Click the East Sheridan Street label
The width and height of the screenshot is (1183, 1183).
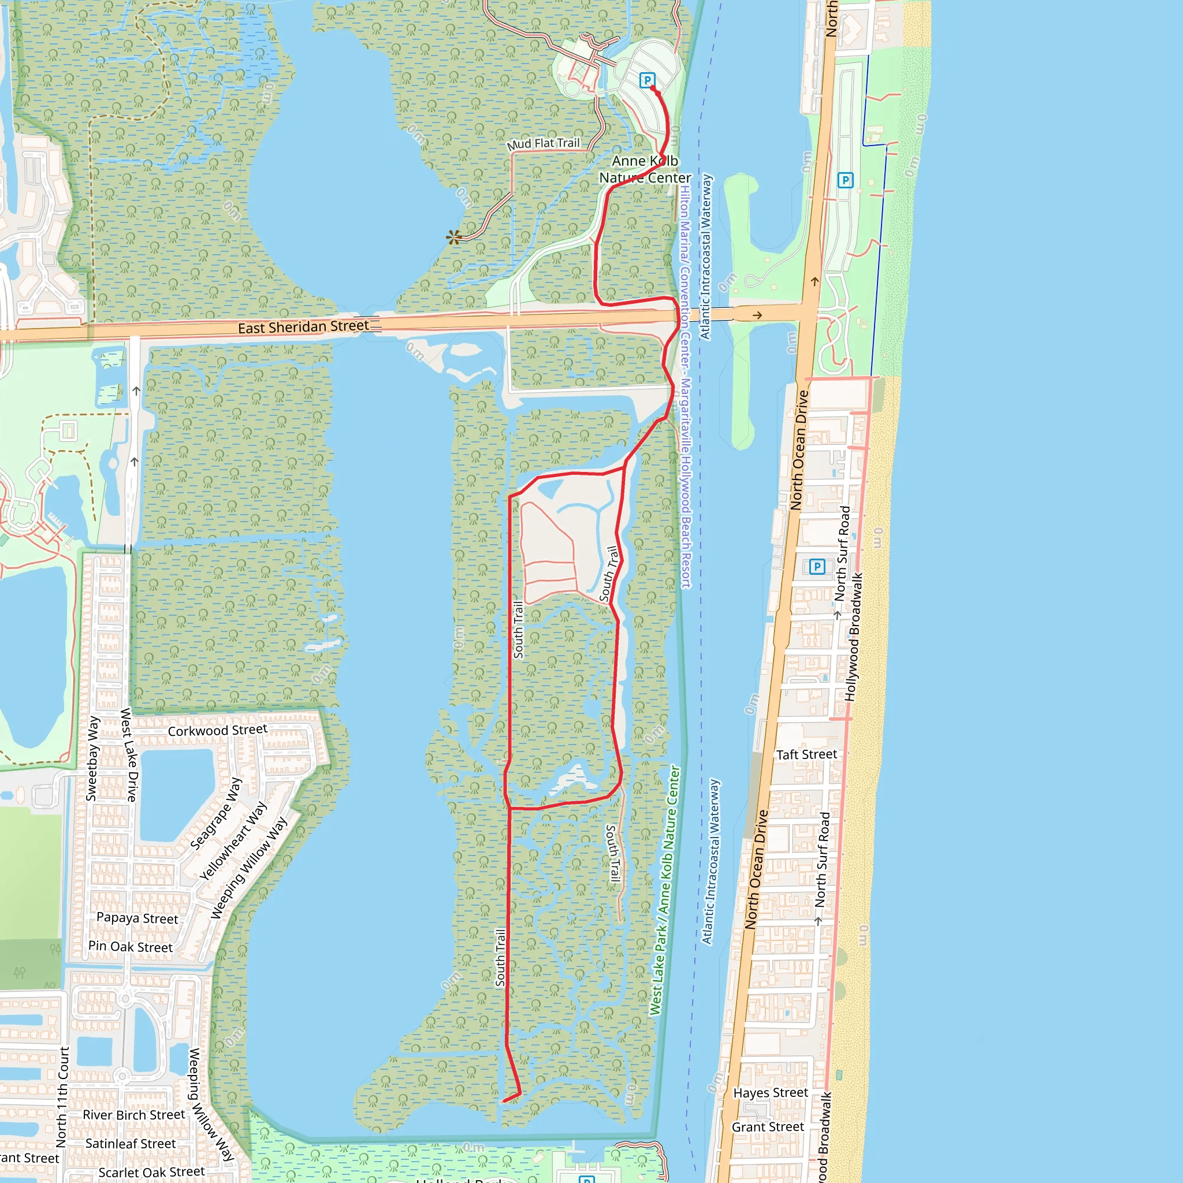(x=303, y=327)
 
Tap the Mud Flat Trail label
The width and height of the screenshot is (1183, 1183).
(x=543, y=144)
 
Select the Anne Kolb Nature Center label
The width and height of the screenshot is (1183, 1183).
(x=645, y=170)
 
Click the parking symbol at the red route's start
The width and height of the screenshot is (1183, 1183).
(x=646, y=80)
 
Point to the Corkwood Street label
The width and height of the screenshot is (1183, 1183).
(x=217, y=731)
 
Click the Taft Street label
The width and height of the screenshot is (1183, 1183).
(x=806, y=754)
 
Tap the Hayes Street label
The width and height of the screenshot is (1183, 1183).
(x=771, y=1092)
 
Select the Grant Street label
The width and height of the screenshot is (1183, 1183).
(x=768, y=1126)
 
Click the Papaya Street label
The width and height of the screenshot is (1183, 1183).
(x=137, y=918)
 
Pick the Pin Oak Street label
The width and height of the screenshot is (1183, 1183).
(x=131, y=947)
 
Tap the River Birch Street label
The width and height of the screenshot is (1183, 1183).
(x=133, y=1114)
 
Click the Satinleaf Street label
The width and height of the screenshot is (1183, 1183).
(x=131, y=1143)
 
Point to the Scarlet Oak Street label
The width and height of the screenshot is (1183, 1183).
(x=151, y=1172)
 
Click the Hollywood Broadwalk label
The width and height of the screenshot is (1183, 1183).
(x=854, y=637)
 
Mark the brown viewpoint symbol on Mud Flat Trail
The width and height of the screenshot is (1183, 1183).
(x=453, y=237)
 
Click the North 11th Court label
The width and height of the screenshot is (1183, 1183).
(x=62, y=1096)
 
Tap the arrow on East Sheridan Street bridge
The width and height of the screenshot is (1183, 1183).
(x=757, y=315)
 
